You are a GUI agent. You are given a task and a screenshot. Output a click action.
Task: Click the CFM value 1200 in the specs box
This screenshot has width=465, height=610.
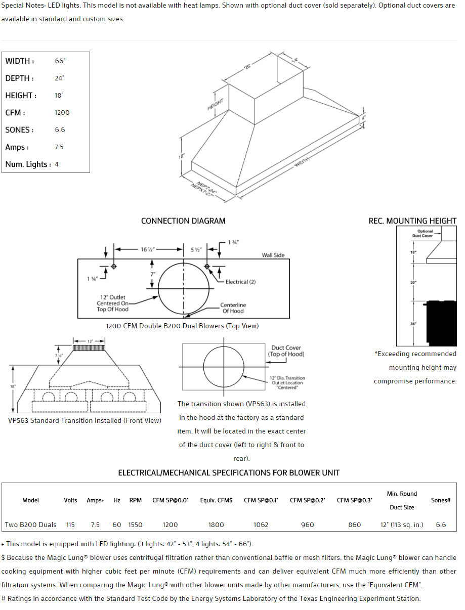coord(62,113)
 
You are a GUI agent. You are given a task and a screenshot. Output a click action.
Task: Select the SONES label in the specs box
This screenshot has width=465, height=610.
coord(19,130)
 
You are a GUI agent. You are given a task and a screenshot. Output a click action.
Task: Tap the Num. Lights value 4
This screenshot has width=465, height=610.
coord(57,164)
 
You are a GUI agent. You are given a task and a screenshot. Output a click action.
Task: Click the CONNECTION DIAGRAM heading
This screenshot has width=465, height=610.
coord(183,221)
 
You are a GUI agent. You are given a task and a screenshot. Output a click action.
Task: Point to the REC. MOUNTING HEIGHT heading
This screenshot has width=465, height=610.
coord(412,221)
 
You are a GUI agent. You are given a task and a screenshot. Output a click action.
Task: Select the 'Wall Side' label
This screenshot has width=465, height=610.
coord(273,255)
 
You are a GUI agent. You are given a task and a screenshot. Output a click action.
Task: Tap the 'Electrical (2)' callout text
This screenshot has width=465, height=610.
coord(240,282)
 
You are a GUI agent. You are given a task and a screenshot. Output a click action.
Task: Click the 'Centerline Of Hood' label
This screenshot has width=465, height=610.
coord(233,308)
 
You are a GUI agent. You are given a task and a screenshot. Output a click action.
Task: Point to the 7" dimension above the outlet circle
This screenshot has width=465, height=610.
coord(152,274)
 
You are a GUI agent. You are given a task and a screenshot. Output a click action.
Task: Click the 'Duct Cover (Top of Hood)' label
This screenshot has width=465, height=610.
coord(286,351)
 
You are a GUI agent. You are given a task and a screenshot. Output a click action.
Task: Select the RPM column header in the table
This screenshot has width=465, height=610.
coord(135,500)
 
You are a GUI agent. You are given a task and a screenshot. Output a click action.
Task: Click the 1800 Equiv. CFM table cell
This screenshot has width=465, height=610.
coord(216,525)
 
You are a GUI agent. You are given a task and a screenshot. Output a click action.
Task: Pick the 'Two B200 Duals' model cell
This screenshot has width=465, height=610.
coord(31,525)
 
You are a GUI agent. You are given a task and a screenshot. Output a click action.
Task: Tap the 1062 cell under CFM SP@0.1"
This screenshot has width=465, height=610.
coord(261,525)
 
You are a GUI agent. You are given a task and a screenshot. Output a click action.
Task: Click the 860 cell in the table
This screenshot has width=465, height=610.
coord(355,525)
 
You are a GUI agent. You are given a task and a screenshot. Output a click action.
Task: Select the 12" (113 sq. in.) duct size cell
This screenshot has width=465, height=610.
coord(402,525)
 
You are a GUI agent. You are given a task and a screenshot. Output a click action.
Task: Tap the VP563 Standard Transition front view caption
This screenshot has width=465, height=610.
coord(85,420)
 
